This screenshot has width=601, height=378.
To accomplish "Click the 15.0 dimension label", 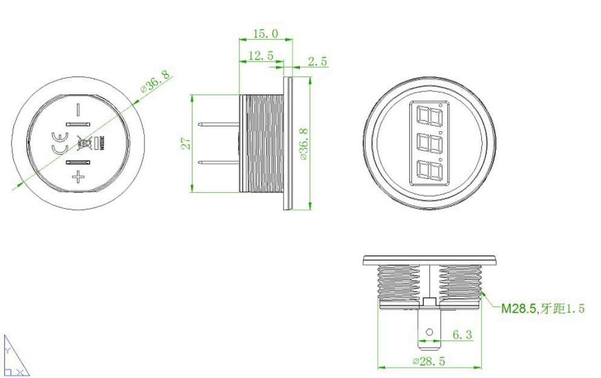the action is pyautogui.click(x=265, y=33).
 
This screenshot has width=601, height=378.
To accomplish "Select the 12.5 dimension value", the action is pyautogui.click(x=261, y=56).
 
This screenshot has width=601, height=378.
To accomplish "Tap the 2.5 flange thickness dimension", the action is pyautogui.click(x=317, y=61).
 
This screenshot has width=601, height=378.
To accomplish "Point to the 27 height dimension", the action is pyautogui.click(x=186, y=143).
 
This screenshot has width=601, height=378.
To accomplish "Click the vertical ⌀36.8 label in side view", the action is pyautogui.click(x=304, y=144).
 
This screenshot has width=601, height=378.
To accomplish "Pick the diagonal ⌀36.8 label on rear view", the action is pyautogui.click(x=155, y=81).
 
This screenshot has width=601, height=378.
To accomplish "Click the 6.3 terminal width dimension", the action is pyautogui.click(x=463, y=334).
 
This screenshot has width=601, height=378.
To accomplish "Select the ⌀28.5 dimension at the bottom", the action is pyautogui.click(x=429, y=361).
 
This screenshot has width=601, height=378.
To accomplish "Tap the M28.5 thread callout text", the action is pyautogui.click(x=543, y=308).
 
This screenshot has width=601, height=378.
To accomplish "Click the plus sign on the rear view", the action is pyautogui.click(x=78, y=177).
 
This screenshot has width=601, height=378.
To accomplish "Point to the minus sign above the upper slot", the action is pyautogui.click(x=78, y=109).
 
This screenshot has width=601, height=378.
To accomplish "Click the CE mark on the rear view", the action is pyautogui.click(x=60, y=143).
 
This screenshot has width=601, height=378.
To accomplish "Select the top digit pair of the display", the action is pyautogui.click(x=429, y=116).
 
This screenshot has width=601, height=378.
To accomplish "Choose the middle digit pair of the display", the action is pyautogui.click(x=429, y=144).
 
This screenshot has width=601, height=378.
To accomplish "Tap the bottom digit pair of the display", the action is pyautogui.click(x=429, y=171).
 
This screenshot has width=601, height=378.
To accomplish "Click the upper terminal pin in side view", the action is pyautogui.click(x=219, y=124).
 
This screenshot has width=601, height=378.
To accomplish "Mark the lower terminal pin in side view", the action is pyautogui.click(x=219, y=163).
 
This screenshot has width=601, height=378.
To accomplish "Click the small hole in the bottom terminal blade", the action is pyautogui.click(x=429, y=332).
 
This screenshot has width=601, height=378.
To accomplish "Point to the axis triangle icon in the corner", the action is pyautogui.click(x=16, y=356).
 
